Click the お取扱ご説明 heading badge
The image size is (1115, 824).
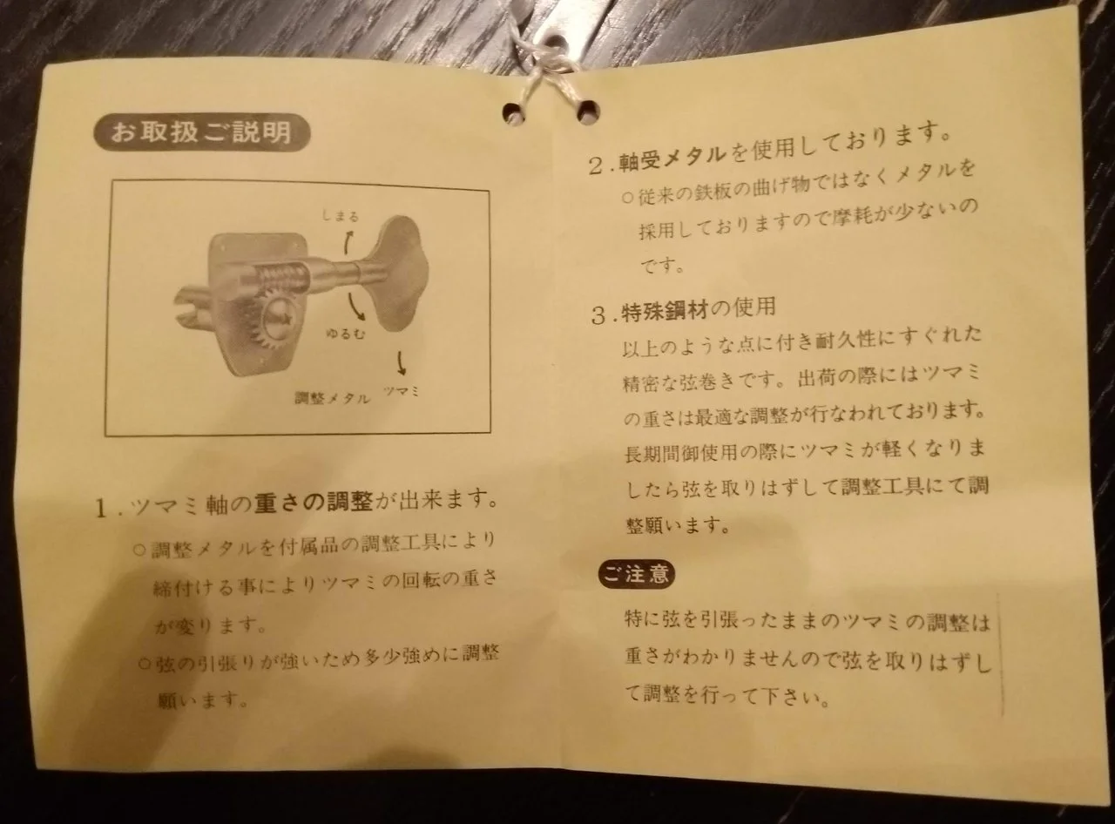click(x=201, y=133)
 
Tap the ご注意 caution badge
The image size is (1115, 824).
click(x=636, y=575)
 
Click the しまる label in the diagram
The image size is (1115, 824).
click(x=341, y=217)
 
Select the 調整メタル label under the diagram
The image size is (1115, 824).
click(x=332, y=398)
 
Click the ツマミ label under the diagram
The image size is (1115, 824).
click(x=402, y=391)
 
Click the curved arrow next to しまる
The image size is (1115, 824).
click(x=348, y=243)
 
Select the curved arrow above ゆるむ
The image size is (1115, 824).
click(x=355, y=307)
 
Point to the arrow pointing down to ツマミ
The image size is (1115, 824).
click(x=401, y=362)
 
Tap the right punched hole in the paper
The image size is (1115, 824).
click(x=587, y=111)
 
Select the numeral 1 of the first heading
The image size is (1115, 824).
click(x=102, y=510)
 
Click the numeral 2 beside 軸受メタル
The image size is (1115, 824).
click(x=597, y=166)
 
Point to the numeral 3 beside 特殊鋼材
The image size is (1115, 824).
click(x=598, y=316)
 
